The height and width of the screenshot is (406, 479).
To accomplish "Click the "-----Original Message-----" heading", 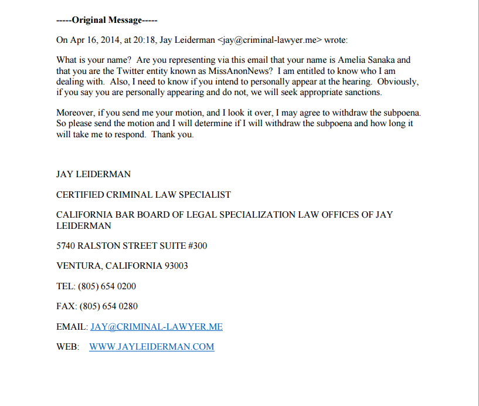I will pyautogui.click(x=107, y=20).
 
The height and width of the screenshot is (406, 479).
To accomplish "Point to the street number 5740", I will pyautogui.click(x=66, y=246).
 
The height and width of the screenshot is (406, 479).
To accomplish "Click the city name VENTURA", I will pyautogui.click(x=79, y=266).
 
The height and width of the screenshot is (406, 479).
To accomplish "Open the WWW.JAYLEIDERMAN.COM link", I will pyautogui.click(x=151, y=347).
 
